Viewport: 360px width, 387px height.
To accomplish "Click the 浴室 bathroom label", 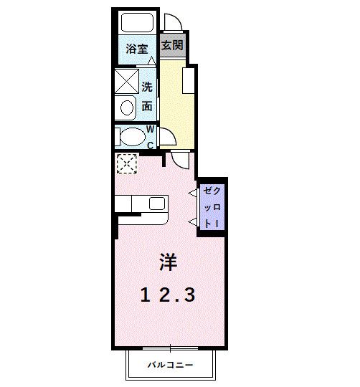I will click(137, 49).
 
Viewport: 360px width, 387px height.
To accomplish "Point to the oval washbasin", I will click(127, 108).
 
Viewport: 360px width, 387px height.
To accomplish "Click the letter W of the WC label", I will click(151, 129).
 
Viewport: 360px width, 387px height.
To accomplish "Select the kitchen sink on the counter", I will click(157, 204).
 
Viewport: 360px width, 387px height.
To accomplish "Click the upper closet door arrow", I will click(192, 193).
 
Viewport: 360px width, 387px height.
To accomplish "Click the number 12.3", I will click(167, 293).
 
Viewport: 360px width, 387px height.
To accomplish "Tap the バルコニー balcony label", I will click(171, 365).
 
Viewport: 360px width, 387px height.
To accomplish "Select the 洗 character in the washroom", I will click(147, 87).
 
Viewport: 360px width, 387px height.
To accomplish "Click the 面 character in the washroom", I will click(147, 106).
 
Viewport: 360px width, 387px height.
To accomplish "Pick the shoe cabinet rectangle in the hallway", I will click(189, 81).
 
